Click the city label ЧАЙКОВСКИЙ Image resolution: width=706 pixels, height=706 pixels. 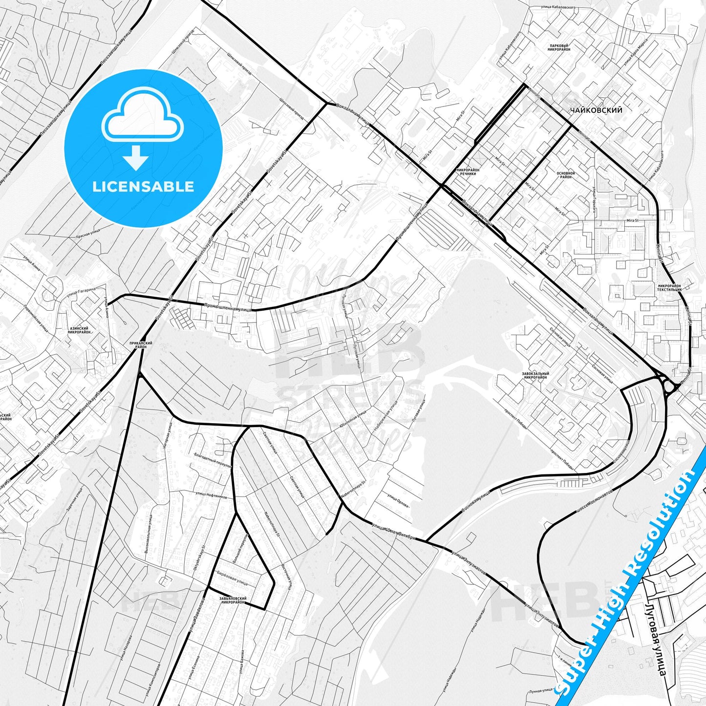tap(596, 110)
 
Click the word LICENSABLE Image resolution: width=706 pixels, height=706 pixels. tap(143, 187)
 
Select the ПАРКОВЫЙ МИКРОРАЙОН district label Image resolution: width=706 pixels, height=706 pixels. tap(559, 47)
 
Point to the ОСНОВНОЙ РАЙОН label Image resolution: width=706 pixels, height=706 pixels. tap(565, 175)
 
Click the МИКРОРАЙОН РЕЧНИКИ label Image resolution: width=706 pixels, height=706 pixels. tap(468, 171)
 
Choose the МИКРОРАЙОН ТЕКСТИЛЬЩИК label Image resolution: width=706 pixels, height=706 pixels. tap(670, 287)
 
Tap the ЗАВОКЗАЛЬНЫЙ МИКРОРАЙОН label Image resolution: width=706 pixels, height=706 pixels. tap(535, 375)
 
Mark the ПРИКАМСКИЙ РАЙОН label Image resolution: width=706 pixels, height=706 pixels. tap(141, 344)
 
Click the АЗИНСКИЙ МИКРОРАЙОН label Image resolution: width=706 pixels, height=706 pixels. tap(79, 330)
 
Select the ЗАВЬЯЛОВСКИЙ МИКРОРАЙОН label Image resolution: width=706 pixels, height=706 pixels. tap(233, 600)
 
